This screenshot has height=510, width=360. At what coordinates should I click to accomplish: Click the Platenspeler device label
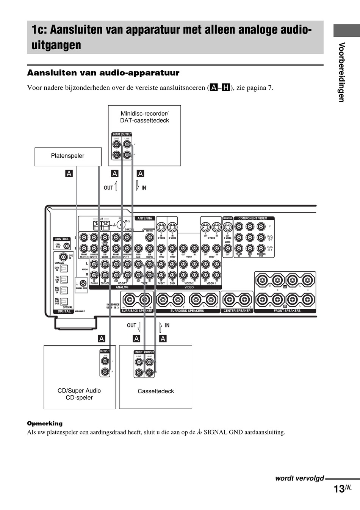(67, 156)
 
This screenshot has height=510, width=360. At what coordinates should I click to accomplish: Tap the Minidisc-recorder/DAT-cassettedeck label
(144, 117)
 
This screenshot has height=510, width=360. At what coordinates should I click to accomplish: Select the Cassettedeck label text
(156, 391)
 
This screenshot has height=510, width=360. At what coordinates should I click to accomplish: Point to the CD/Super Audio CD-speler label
(79, 394)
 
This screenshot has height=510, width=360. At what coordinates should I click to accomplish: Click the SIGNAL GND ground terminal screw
(83, 283)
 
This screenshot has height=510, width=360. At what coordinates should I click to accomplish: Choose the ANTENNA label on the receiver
(145, 218)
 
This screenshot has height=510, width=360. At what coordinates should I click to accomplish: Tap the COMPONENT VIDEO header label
(253, 218)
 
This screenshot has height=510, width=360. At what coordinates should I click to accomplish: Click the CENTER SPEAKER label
(237, 311)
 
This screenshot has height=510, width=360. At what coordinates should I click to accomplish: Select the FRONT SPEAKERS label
(287, 311)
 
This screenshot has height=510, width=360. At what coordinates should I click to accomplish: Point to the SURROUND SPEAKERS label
(187, 311)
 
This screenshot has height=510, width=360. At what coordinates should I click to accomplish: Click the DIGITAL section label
(64, 311)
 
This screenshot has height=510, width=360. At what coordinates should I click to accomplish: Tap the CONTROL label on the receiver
(62, 239)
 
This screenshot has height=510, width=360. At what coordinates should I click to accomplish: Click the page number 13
(339, 489)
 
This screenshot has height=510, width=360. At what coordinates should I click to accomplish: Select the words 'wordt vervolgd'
(299, 478)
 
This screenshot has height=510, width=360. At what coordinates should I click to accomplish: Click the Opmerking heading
(45, 423)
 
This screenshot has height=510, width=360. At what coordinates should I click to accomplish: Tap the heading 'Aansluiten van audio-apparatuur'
(103, 73)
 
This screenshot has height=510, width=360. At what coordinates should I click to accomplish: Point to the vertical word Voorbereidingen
(342, 72)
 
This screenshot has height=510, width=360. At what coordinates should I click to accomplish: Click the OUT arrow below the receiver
(139, 326)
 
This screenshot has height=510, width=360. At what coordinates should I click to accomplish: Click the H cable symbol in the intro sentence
(226, 88)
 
